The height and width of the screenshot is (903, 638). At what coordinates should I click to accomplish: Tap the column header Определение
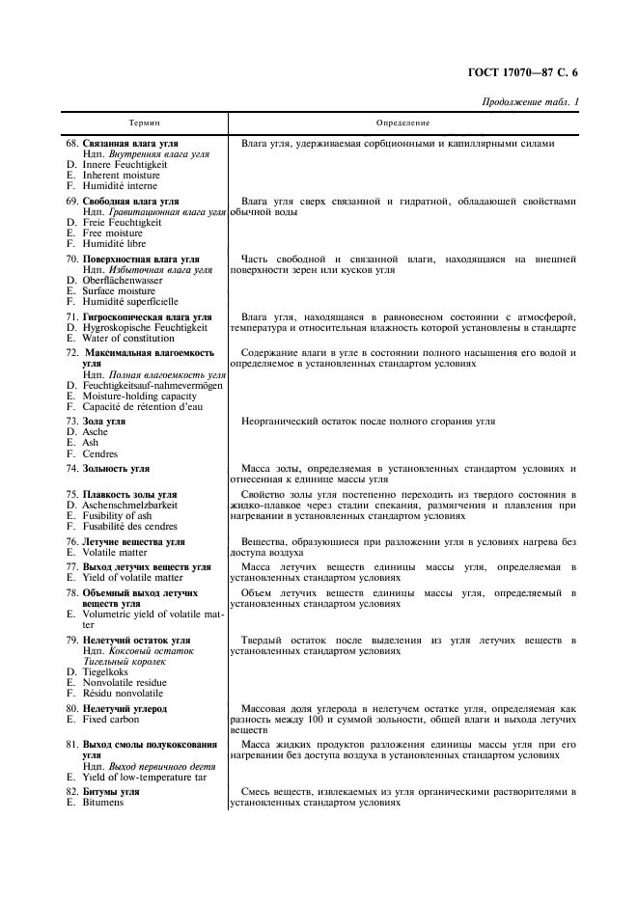point(402,123)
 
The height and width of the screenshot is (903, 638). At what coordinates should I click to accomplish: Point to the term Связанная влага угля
point(129,144)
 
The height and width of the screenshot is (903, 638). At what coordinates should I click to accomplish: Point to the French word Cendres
point(100,454)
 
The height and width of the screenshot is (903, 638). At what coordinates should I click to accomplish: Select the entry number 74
point(71,469)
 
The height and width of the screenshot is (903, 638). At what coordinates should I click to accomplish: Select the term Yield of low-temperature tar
point(139,776)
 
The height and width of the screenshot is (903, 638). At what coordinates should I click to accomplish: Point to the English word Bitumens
point(104,802)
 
